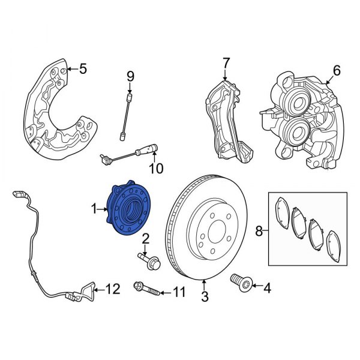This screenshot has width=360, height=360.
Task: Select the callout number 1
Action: pos(94,209)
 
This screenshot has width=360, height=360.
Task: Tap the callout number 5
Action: pos(83,69)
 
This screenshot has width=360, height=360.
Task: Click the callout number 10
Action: pos(155,169)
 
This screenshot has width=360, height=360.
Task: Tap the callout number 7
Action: pos(226,62)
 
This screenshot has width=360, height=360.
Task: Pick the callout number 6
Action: pos(336,71)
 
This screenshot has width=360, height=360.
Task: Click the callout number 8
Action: pos(259,230)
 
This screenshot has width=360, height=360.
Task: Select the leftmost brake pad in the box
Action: pos(281,214)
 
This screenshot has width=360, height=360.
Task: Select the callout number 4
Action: pos(267,289)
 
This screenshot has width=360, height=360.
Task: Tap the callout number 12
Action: pos(113,289)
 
